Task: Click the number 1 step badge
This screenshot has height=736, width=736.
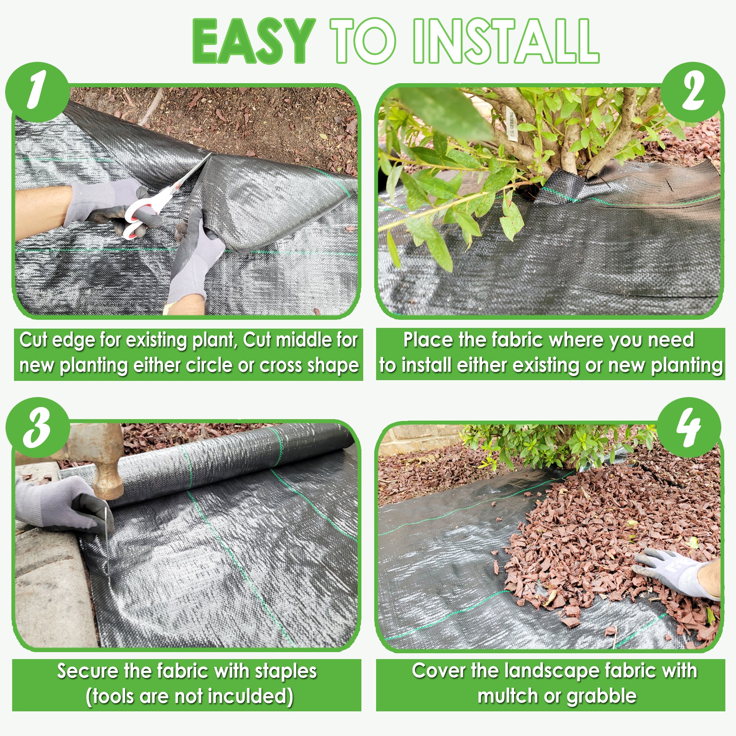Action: (37, 93)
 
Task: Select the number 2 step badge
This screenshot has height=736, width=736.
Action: (692, 93)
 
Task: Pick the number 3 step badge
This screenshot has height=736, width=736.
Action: (37, 428)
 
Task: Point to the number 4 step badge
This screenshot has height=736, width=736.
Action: (689, 428)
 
